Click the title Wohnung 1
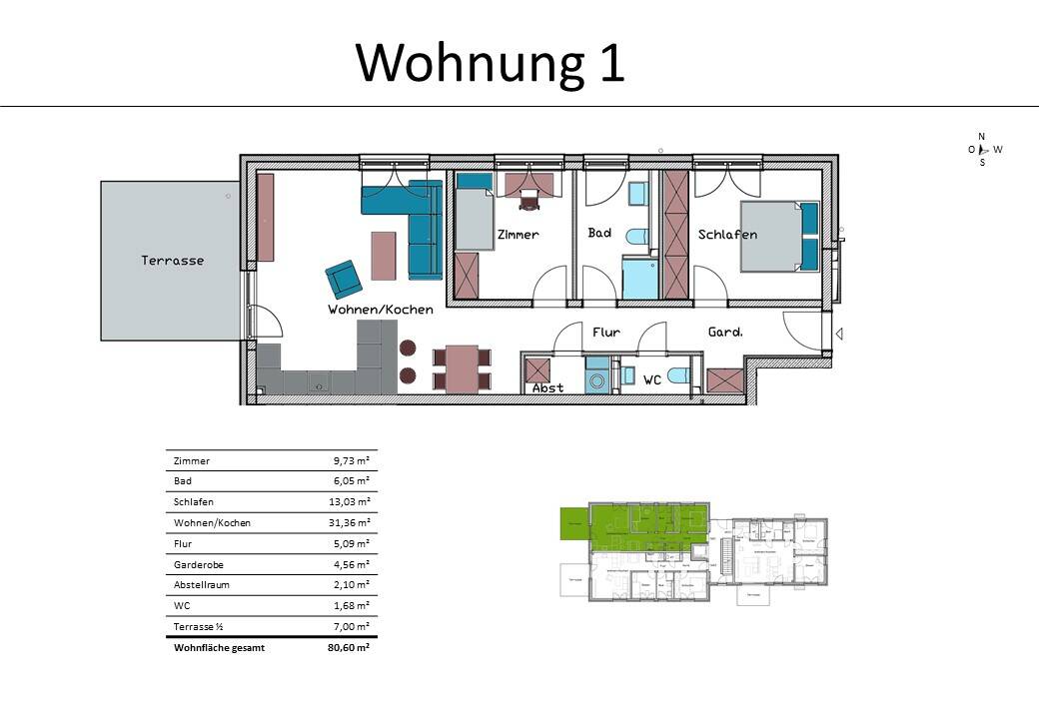click(490, 62)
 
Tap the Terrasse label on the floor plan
click(172, 261)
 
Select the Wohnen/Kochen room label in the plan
click(381, 310)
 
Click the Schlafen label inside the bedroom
click(727, 235)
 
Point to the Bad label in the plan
click(599, 233)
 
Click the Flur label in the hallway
click(606, 333)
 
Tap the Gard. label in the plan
click(725, 333)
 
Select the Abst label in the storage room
click(547, 387)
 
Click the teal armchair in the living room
click(344, 279)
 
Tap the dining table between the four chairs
click(462, 368)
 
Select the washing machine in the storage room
click(596, 379)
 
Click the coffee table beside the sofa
click(384, 256)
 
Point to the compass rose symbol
click(982, 149)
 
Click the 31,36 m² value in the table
click(351, 523)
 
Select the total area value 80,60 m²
click(350, 648)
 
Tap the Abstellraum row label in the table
click(202, 585)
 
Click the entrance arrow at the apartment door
click(839, 335)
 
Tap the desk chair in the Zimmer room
click(527, 201)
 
